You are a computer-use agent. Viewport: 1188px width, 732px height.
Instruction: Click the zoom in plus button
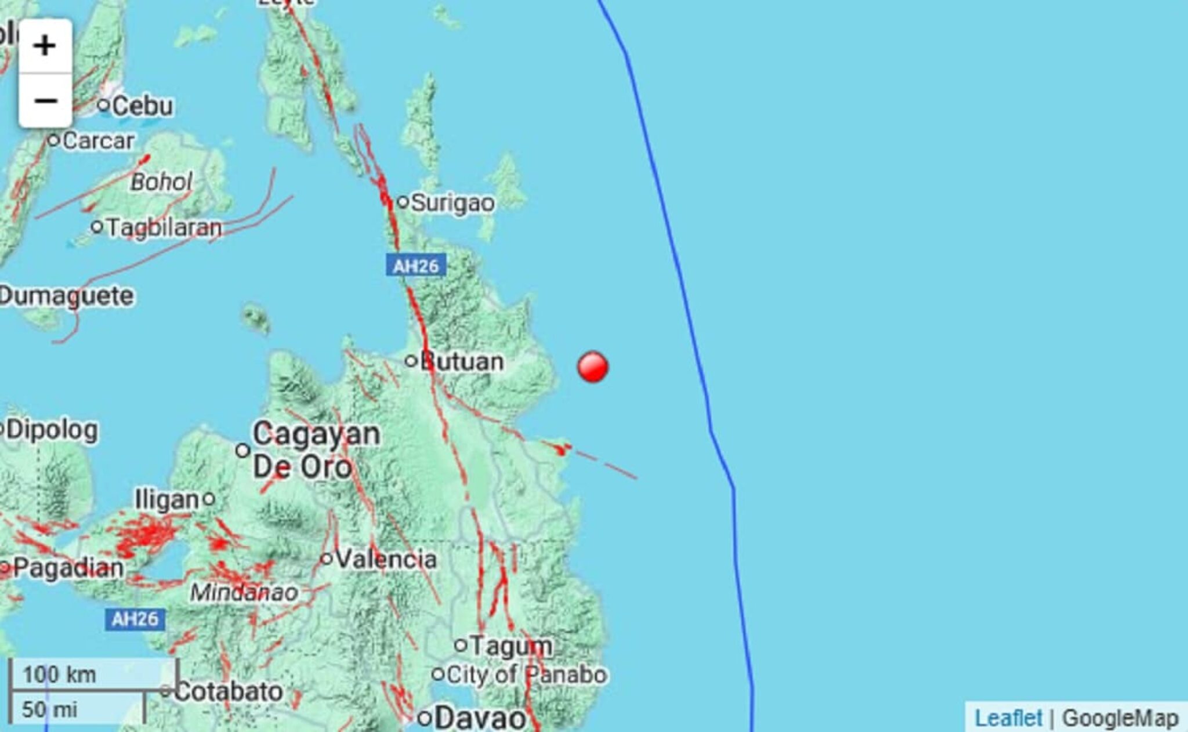pos(45,46)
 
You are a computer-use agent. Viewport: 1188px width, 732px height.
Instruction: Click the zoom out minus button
pos(45,100)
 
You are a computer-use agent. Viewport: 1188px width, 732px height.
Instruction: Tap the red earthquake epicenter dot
pos(592,367)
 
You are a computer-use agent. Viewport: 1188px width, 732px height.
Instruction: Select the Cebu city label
pos(142,106)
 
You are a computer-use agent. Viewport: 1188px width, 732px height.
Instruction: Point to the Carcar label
pos(97,141)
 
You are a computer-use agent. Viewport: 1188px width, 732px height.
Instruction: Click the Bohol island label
pos(161,182)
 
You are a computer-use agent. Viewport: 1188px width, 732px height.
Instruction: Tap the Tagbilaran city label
pos(164,227)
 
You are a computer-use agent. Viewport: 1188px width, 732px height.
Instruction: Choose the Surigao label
pos(452,203)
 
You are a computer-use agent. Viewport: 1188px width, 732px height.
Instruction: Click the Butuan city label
pos(461,361)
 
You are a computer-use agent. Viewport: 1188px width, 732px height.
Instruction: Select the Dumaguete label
pos(67,296)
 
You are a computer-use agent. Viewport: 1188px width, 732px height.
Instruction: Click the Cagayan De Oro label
pos(316,450)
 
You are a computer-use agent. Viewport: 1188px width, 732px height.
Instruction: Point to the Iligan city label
pos(167,499)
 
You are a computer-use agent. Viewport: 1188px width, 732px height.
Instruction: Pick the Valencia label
pos(386,559)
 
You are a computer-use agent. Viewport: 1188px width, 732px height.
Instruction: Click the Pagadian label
pos(68,567)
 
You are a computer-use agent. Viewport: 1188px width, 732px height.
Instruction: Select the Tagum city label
pos(510,646)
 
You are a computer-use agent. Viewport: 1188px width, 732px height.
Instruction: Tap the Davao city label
pos(480,719)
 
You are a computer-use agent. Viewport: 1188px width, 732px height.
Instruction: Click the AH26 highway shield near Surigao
pos(416,266)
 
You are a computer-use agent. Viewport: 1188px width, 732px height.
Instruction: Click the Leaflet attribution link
pos(1008,718)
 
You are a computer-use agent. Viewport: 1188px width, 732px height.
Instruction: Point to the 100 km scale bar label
pos(59,675)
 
